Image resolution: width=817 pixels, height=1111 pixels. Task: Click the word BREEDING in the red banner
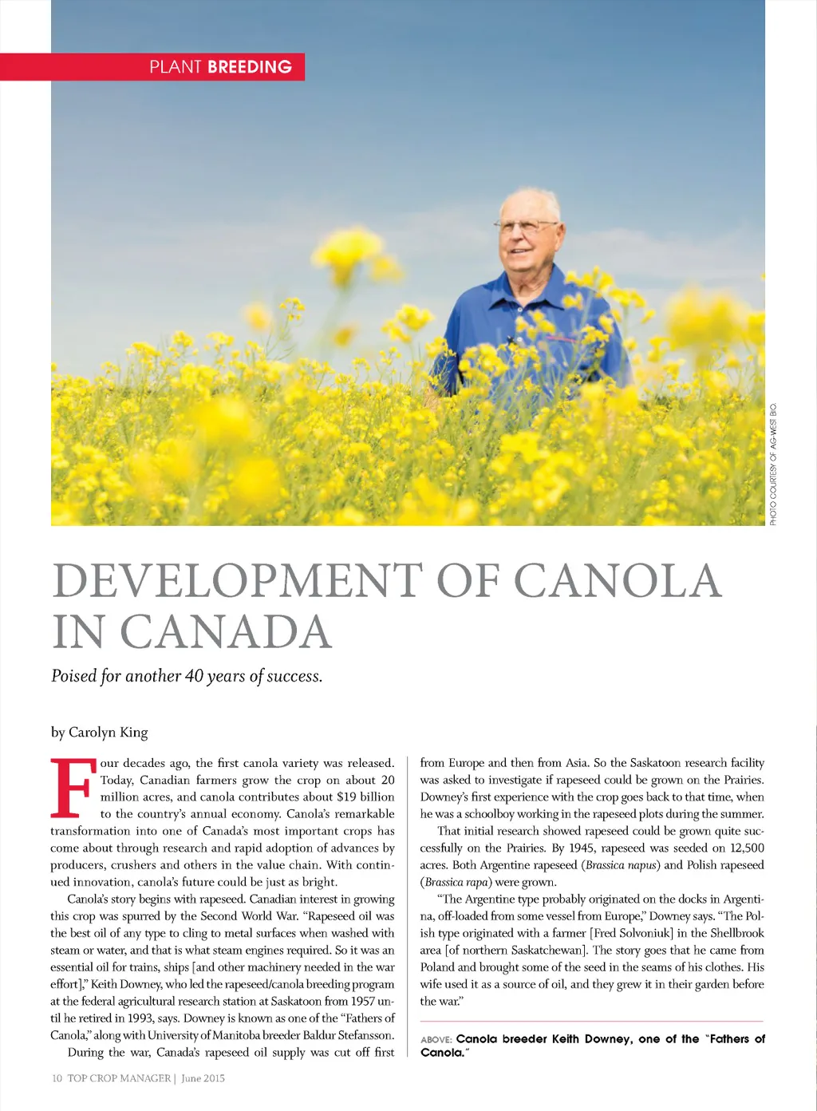pos(249,67)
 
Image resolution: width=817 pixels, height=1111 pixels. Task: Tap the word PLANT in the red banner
pos(175,67)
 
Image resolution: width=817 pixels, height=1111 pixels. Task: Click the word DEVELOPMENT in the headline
pos(237,580)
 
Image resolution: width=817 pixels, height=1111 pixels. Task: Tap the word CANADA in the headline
pos(225,632)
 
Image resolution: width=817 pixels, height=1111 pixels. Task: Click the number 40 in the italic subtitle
pos(195,676)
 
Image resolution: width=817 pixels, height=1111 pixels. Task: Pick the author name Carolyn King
pos(108,732)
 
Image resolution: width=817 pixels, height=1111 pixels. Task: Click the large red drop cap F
pos(73,788)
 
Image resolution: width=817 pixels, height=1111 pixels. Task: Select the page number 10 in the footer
pos(57,1078)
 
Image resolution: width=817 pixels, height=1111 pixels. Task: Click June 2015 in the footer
pos(203,1078)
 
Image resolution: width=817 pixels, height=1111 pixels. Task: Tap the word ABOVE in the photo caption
pos(436,1040)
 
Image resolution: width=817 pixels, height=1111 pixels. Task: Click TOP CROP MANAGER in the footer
pos(119,1078)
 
